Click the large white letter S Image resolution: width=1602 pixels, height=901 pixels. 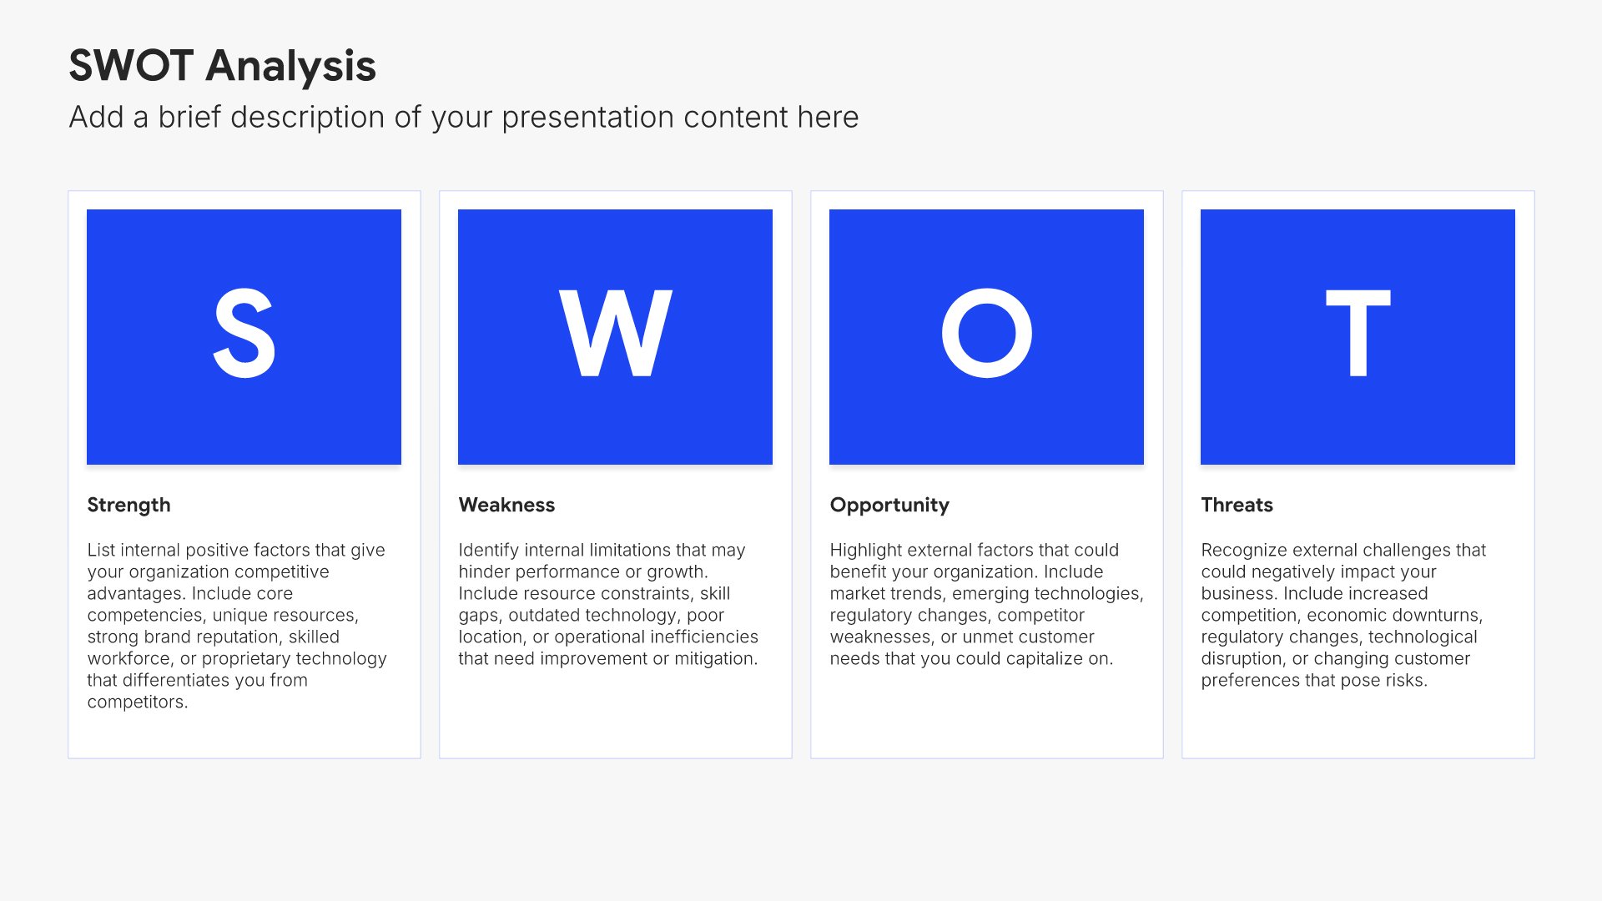(244, 334)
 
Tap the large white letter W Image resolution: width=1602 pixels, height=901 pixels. (616, 333)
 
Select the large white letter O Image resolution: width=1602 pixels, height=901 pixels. (987, 333)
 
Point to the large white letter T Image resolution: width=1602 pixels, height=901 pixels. (1358, 333)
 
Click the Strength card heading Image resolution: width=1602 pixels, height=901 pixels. (128, 506)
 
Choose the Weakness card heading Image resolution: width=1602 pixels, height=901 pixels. (506, 505)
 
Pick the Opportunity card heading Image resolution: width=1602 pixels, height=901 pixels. (889, 506)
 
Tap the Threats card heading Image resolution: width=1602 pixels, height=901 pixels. (1237, 505)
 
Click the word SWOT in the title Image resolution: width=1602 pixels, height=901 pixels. (131, 66)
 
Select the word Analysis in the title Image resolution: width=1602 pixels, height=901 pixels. (291, 67)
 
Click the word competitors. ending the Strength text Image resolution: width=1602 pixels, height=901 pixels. (138, 702)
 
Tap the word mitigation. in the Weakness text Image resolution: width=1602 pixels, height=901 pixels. (716, 659)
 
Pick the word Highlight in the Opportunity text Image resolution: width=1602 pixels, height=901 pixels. (866, 551)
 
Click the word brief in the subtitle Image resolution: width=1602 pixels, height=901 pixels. (190, 118)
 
